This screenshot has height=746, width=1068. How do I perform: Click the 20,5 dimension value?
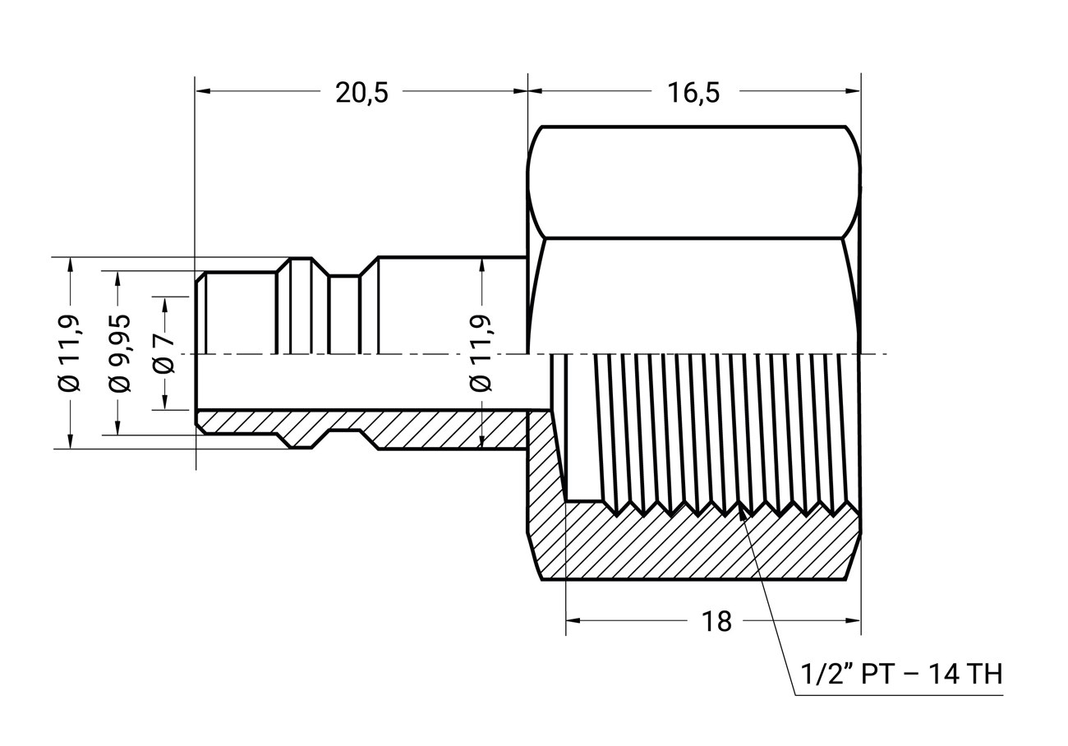[361, 93]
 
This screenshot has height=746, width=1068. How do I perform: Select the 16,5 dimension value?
[693, 93]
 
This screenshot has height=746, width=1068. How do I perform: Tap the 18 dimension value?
[716, 621]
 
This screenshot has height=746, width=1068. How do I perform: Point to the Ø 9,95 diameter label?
[119, 353]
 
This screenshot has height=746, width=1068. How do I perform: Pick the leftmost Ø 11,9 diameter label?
[69, 353]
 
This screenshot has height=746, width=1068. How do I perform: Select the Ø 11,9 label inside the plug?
[481, 353]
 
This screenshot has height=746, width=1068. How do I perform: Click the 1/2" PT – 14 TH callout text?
[901, 675]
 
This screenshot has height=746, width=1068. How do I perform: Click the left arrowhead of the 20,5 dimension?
[203, 90]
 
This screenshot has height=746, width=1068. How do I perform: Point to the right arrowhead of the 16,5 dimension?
[853, 90]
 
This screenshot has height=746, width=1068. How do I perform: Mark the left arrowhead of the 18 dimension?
[573, 620]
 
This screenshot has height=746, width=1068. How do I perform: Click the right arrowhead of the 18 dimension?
[853, 620]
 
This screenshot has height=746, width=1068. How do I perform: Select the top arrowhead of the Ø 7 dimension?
[165, 305]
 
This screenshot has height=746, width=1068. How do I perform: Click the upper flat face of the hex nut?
[693, 182]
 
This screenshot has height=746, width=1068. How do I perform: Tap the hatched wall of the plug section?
[362, 428]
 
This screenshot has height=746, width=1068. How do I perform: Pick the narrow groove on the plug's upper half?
[345, 315]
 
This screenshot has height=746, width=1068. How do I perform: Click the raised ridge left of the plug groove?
[301, 306]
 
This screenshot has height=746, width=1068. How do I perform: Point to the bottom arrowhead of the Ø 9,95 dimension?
[118, 426]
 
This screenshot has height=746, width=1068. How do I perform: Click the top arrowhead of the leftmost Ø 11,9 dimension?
[71, 265]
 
